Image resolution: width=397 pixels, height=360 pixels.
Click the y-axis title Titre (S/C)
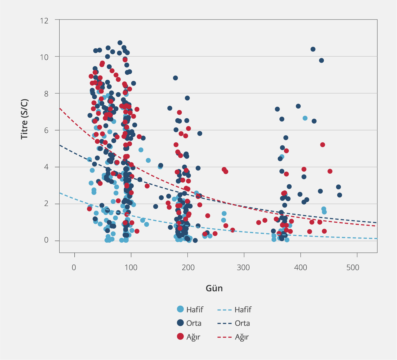click(24, 119)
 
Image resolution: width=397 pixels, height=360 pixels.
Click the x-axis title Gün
click(214, 288)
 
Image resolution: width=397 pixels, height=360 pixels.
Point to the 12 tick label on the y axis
click(44, 21)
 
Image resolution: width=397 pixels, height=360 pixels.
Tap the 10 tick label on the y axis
click(44, 57)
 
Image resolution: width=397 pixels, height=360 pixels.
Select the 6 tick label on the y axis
click(46, 130)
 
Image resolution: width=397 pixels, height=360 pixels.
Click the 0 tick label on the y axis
click(46, 240)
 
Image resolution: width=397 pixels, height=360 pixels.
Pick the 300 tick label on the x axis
click(244, 267)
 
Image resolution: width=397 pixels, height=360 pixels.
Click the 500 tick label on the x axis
click(353, 267)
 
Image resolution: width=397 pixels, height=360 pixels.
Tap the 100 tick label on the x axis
click(131, 267)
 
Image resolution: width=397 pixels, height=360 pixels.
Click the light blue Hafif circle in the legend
click(180, 309)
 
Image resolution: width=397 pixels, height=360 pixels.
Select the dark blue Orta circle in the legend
click(180, 323)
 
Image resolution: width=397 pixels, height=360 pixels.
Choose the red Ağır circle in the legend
click(180, 336)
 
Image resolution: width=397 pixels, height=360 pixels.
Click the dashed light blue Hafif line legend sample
click(224, 310)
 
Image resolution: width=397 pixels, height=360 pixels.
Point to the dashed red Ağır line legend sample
click(224, 337)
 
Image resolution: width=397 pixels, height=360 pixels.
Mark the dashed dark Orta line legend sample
click(224, 324)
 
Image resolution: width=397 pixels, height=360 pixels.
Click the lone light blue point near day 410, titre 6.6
click(305, 118)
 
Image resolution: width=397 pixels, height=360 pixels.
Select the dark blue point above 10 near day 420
click(313, 49)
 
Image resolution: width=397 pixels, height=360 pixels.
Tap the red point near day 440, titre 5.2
click(323, 145)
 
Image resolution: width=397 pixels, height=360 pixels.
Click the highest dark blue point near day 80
click(120, 43)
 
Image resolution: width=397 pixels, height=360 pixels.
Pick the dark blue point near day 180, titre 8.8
click(175, 78)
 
